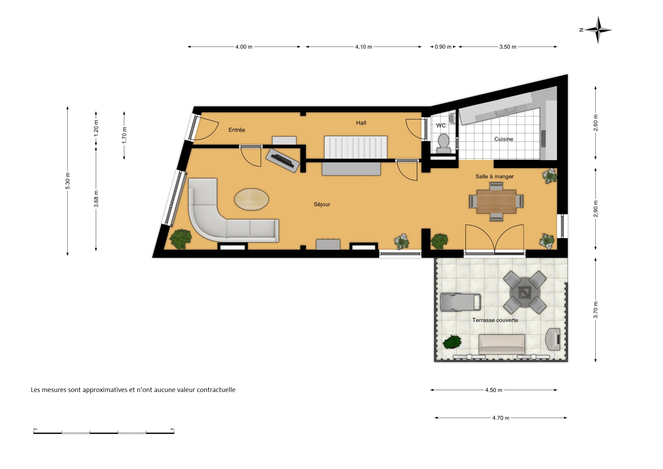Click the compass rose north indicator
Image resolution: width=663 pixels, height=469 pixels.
tap(598, 30)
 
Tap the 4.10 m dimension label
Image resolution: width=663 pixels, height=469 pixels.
tap(364, 47)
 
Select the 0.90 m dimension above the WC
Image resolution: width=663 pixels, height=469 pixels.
tap(443, 47)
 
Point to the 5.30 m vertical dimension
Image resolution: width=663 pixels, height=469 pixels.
tap(68, 181)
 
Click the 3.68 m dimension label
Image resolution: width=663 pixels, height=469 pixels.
tap(96, 199)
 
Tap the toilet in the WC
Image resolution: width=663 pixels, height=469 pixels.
tap(443, 143)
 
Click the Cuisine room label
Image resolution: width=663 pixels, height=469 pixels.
tap(503, 139)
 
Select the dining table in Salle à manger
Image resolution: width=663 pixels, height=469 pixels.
tap(496, 201)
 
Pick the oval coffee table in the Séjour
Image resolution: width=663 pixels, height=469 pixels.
tap(251, 199)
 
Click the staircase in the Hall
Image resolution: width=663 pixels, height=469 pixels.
tap(355, 147)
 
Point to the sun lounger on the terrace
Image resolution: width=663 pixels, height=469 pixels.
tap(461, 302)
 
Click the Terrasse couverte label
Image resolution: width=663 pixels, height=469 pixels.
tap(495, 320)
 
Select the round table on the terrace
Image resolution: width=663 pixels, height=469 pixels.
tap(525, 292)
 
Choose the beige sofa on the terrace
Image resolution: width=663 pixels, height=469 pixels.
tap(501, 344)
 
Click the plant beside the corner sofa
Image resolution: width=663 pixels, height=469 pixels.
tap(180, 239)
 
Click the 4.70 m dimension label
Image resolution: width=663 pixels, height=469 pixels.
tap(501, 418)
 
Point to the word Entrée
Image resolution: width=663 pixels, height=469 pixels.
tap(237, 130)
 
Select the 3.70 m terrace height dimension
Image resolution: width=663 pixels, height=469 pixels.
tap(596, 310)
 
